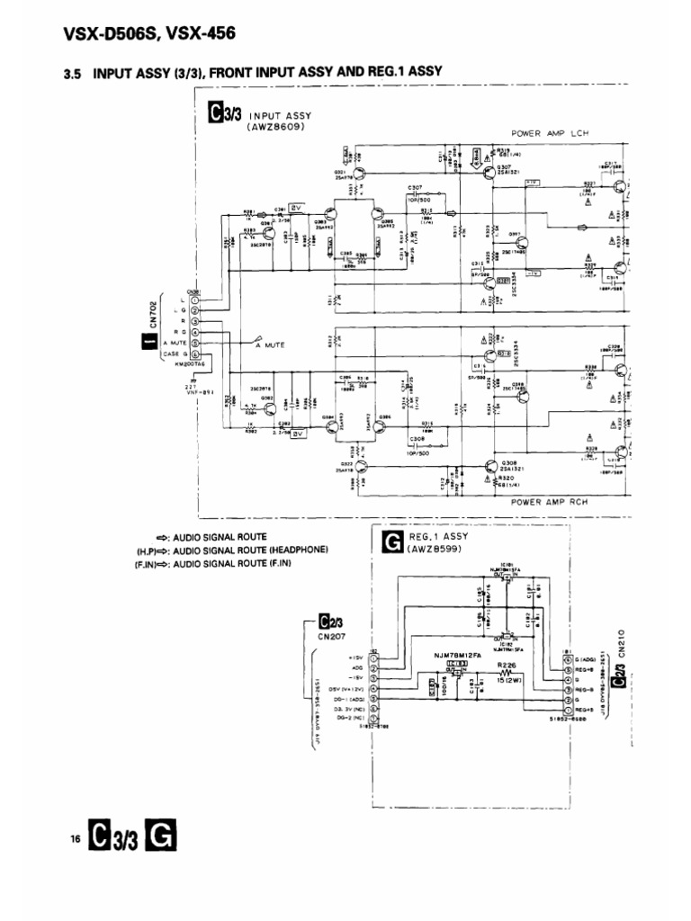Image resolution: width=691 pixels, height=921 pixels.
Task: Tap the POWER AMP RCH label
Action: pos(551,502)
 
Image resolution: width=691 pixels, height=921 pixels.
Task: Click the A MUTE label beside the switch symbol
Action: pos(271,344)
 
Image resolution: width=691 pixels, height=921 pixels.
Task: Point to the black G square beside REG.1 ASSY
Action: pos(390,541)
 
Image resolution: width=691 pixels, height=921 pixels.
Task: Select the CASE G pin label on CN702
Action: pos(175,355)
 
